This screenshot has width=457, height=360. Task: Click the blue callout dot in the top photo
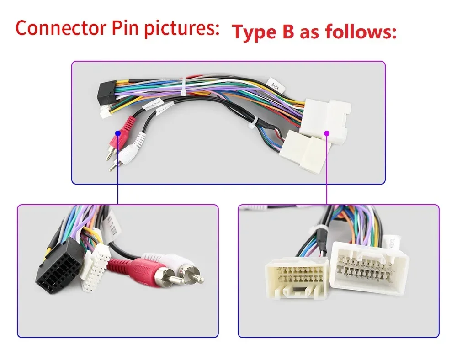(x=118, y=133)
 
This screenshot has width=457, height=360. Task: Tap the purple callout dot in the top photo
(x=327, y=133)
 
